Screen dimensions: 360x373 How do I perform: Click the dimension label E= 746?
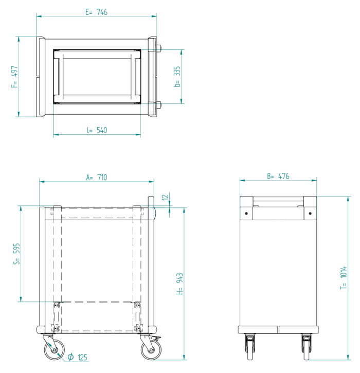pyautogui.click(x=96, y=12)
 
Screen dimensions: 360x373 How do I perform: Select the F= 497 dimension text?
pyautogui.click(x=14, y=77)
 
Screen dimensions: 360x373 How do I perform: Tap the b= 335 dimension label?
pyautogui.click(x=177, y=77)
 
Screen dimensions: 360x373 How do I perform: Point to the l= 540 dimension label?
pyautogui.click(x=97, y=130)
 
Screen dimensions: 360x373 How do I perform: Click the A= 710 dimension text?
pyautogui.click(x=97, y=177)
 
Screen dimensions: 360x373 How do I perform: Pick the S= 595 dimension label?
pyautogui.click(x=16, y=254)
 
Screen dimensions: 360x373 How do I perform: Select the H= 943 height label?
pyautogui.click(x=180, y=284)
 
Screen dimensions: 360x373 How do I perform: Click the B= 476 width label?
pyautogui.click(x=278, y=176)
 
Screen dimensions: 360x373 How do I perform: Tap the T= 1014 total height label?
pyautogui.click(x=344, y=278)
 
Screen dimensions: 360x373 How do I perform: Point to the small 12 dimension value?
pyautogui.click(x=165, y=197)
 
